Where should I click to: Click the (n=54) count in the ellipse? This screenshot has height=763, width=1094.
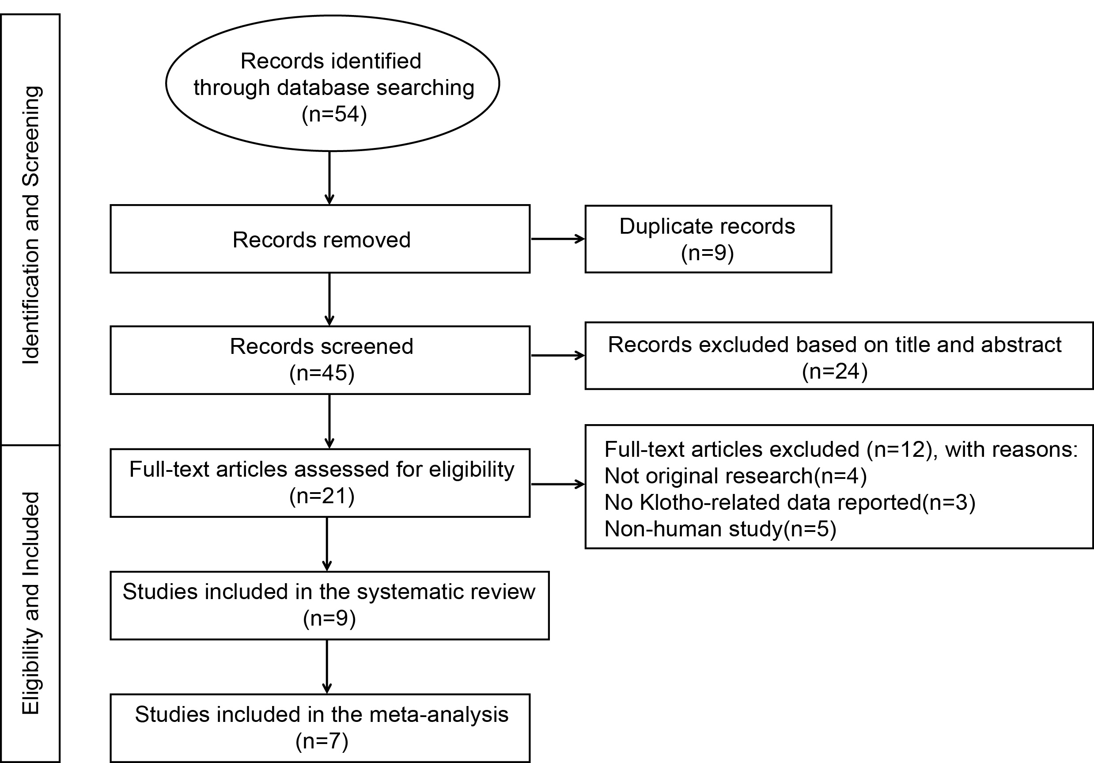click(334, 114)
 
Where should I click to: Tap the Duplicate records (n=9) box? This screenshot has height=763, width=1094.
click(708, 239)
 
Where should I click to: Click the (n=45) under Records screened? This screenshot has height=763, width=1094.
click(322, 373)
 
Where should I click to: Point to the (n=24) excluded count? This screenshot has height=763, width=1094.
click(835, 371)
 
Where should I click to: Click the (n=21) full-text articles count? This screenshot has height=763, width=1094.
click(322, 496)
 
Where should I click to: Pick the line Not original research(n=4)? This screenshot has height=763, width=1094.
click(735, 476)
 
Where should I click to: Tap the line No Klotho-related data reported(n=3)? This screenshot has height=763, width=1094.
click(790, 502)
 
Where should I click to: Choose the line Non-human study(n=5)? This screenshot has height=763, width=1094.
click(720, 529)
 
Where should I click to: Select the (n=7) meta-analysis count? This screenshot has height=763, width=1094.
click(322, 741)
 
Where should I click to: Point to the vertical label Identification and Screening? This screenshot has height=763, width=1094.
click(31, 225)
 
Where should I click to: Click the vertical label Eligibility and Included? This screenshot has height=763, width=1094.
click(31, 603)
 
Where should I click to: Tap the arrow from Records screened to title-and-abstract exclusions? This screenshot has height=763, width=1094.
click(557, 356)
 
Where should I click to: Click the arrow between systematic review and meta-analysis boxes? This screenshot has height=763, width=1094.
click(327, 666)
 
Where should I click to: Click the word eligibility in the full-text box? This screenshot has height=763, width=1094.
click(471, 470)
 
